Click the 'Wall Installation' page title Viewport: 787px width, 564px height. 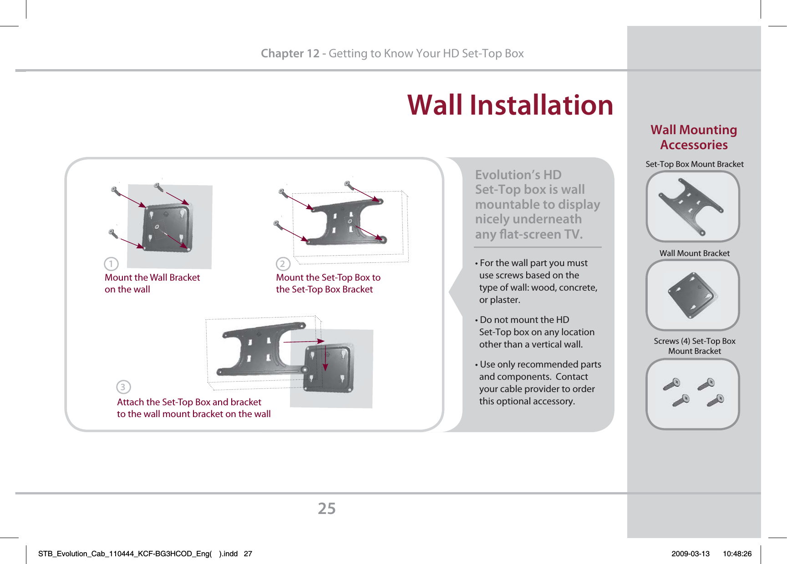click(x=510, y=105)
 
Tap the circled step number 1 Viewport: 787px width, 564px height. click(x=111, y=264)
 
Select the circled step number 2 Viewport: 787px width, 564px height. click(x=283, y=264)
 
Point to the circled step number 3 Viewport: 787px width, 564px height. click(x=123, y=387)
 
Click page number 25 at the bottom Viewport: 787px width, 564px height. click(x=326, y=509)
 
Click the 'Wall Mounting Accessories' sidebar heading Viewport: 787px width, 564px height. click(x=694, y=137)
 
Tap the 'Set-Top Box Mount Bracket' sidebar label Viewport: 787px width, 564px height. click(x=694, y=164)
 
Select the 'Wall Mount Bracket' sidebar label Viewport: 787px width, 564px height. click(x=694, y=253)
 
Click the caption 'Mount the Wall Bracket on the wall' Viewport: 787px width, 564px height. click(x=152, y=283)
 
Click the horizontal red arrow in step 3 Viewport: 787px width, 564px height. click(x=304, y=341)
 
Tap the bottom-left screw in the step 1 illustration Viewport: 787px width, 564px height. click(x=113, y=233)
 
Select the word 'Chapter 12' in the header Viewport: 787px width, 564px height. click(x=290, y=54)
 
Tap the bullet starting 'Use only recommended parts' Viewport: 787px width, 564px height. click(x=539, y=383)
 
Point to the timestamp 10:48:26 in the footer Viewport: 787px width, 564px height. click(x=737, y=554)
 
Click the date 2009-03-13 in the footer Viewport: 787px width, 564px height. click(x=690, y=554)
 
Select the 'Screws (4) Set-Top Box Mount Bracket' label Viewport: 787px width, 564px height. click(x=694, y=346)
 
